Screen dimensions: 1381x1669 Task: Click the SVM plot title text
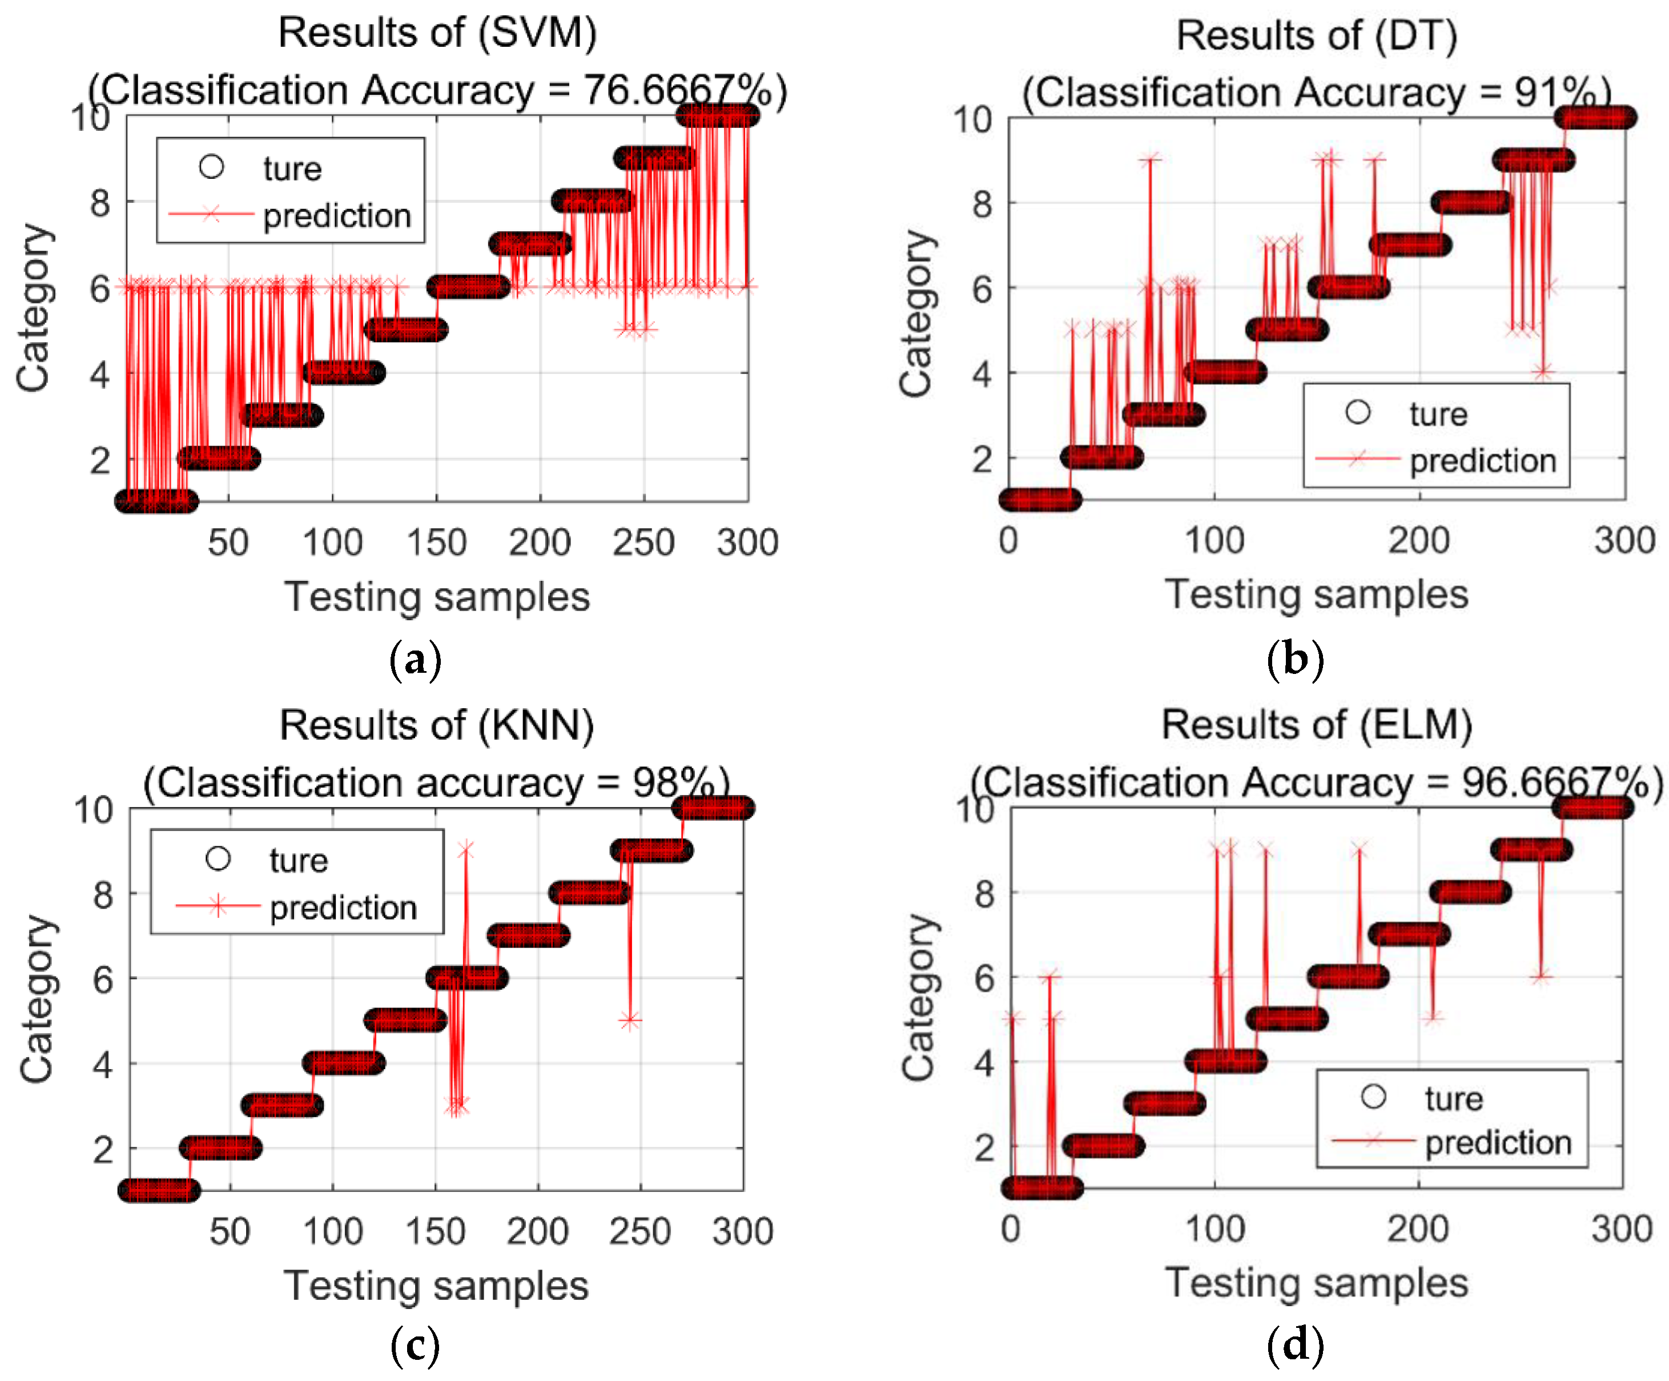point(437,33)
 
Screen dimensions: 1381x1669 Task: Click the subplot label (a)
point(415,660)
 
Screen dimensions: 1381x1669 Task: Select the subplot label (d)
point(1294,1345)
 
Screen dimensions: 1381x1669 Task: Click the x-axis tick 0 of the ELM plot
point(1010,1229)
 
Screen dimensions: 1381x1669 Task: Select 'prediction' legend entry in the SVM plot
point(337,215)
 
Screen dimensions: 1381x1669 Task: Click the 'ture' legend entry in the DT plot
point(1438,414)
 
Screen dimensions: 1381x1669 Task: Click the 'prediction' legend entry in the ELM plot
point(1497,1142)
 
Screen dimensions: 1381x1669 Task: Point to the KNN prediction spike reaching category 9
point(466,850)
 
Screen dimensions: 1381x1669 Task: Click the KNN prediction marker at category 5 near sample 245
point(629,1020)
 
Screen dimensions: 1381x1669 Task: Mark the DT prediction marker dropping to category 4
point(1543,371)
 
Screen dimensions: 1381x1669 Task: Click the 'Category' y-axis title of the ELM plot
point(918,998)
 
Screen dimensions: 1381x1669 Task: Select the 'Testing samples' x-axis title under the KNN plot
point(436,1286)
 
